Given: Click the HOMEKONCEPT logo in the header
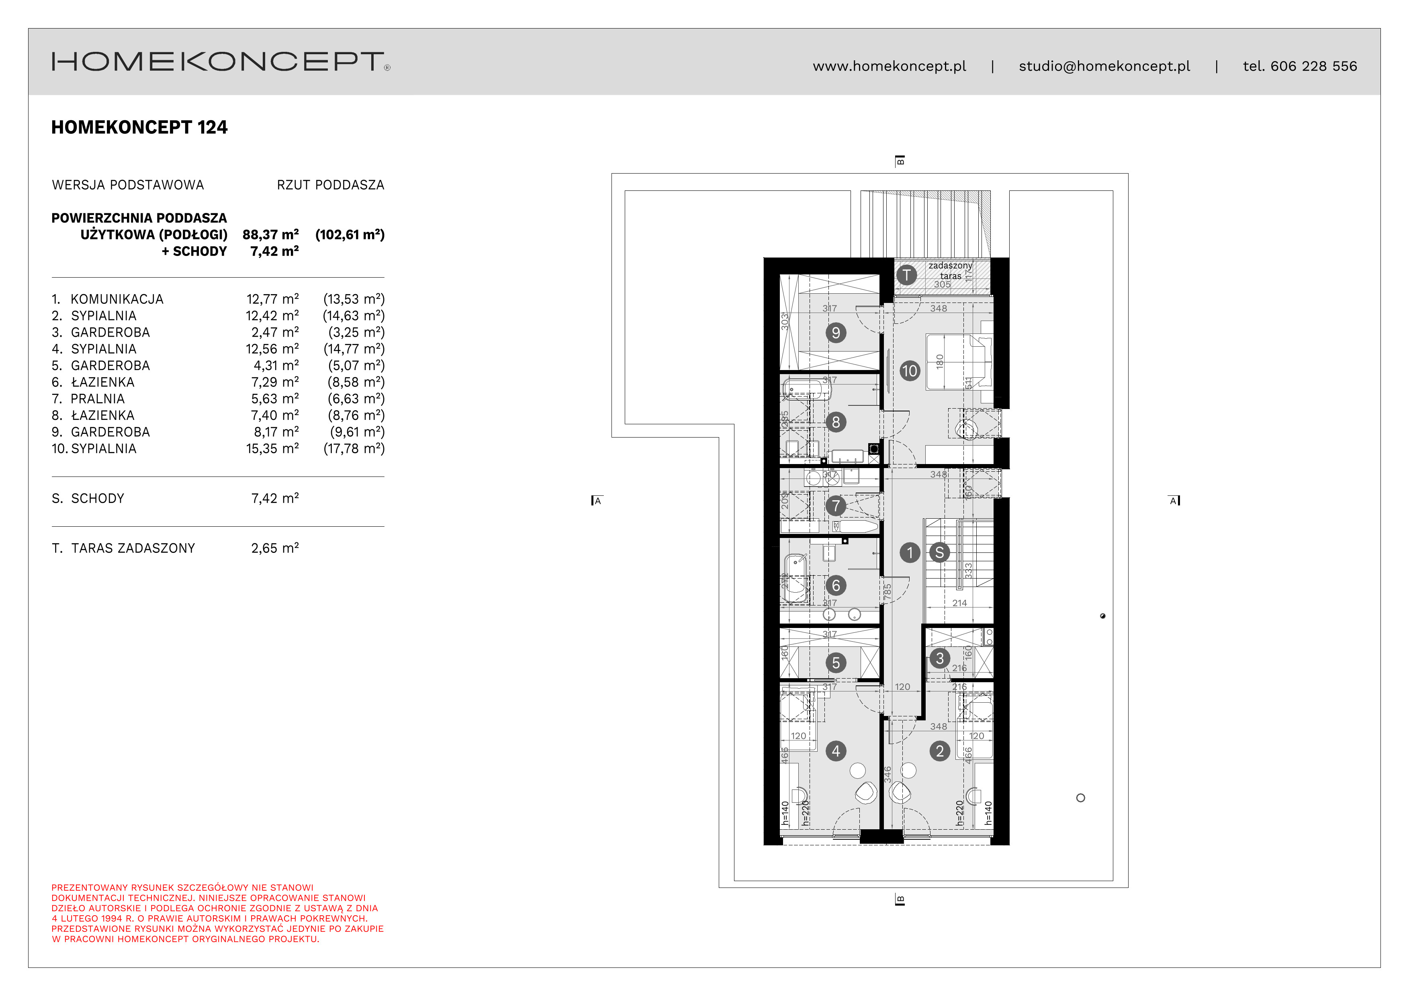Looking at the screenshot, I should tap(220, 62).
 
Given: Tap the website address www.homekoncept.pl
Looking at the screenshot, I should tap(889, 66).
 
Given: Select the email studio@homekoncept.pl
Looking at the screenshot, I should tap(1104, 66).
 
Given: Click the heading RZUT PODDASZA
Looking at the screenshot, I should tap(330, 185).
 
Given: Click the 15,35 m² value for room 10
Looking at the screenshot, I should tap(272, 449).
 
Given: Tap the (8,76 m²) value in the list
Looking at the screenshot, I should tap(356, 415).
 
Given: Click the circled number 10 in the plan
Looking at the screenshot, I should tap(910, 371).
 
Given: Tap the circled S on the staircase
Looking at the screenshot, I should tap(939, 553).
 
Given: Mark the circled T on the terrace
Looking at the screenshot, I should tap(906, 275).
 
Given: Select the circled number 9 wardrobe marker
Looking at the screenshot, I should tap(835, 333).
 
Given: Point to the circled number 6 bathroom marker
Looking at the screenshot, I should tap(835, 585).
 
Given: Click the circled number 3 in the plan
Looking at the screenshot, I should tap(939, 659).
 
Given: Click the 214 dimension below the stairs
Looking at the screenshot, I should tap(959, 603).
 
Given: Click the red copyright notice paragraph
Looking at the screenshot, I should tap(217, 913).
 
